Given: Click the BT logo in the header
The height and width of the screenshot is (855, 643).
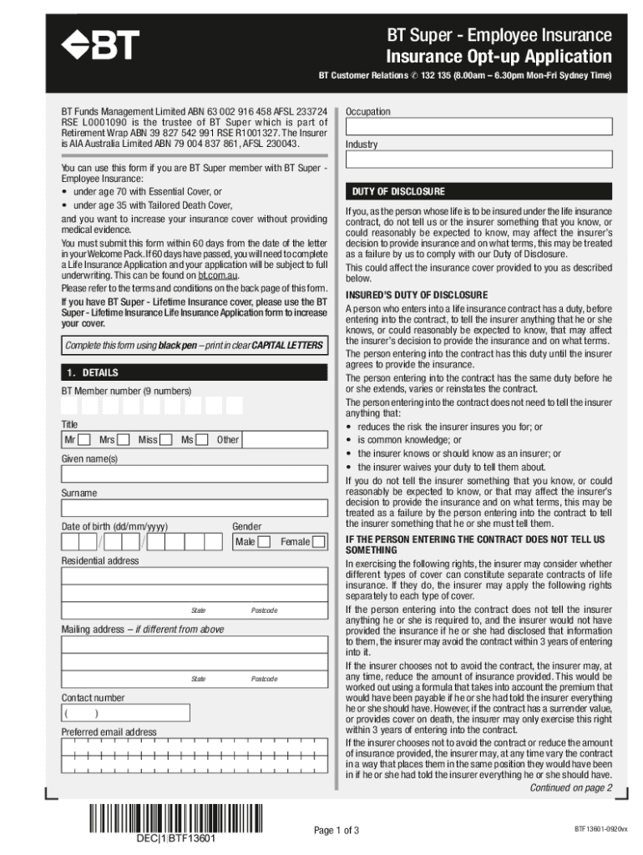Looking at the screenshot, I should pyautogui.click(x=99, y=47).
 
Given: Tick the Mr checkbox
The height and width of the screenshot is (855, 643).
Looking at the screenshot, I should pyautogui.click(x=84, y=440).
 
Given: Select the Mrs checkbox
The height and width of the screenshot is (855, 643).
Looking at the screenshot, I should pyautogui.click(x=124, y=440).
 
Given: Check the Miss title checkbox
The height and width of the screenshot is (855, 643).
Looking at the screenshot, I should pyautogui.click(x=166, y=440).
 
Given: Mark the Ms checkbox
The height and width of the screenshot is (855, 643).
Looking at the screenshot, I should pyautogui.click(x=202, y=440).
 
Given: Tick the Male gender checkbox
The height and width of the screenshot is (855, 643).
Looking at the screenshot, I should pyautogui.click(x=264, y=542).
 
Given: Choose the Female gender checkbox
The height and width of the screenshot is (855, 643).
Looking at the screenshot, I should pyautogui.click(x=318, y=542).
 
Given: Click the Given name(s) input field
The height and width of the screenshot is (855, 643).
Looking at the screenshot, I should pyautogui.click(x=194, y=474).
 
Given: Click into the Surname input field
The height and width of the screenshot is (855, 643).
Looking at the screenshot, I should pyautogui.click(x=194, y=508).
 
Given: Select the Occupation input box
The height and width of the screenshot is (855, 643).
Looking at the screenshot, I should pyautogui.click(x=478, y=126).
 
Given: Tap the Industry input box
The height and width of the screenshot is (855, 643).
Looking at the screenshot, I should pyautogui.click(x=478, y=159).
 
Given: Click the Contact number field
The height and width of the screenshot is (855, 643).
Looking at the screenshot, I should pyautogui.click(x=194, y=714).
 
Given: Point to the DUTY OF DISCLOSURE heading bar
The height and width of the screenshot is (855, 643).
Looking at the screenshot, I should pyautogui.click(x=478, y=191).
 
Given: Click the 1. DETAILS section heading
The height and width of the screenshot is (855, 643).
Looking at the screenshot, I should pyautogui.click(x=194, y=372).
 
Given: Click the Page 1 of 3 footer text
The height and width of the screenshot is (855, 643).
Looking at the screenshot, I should pyautogui.click(x=337, y=831).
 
